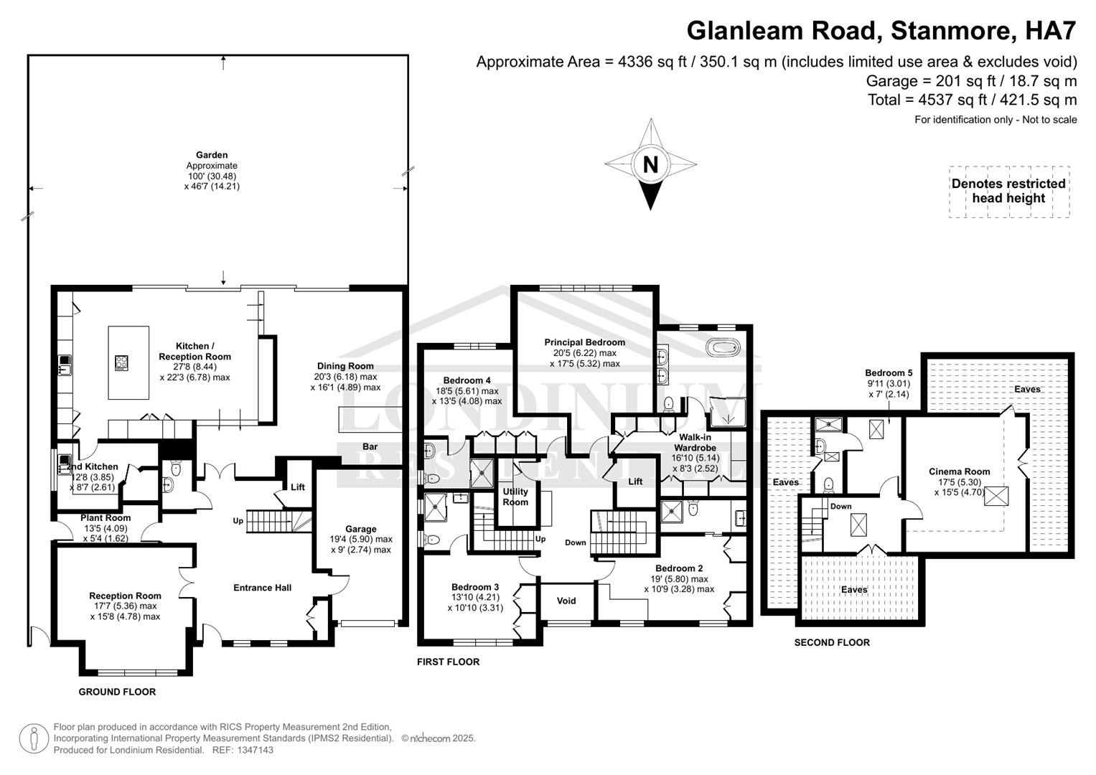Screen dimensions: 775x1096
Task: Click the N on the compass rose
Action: [x=650, y=165]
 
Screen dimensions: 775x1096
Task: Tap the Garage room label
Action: [x=360, y=529]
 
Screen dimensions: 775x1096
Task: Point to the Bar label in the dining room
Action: [x=370, y=446]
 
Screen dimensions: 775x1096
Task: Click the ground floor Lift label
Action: [x=298, y=487]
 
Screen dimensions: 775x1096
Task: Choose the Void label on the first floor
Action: [x=566, y=601]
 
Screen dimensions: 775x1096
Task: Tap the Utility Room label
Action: [x=515, y=497]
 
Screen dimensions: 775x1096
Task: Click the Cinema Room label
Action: [x=959, y=471]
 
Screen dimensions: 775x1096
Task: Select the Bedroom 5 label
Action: [x=889, y=373]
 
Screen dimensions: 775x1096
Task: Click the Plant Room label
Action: [x=106, y=518]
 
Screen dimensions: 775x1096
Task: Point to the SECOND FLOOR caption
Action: [x=832, y=643]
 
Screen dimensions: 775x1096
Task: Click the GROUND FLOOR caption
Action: [x=117, y=692]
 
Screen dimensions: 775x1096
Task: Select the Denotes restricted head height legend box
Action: [x=1008, y=192]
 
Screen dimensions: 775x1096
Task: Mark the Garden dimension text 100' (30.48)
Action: [x=211, y=176]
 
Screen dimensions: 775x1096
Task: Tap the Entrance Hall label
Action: [x=263, y=588]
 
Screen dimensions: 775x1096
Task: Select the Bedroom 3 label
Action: [x=476, y=586]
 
